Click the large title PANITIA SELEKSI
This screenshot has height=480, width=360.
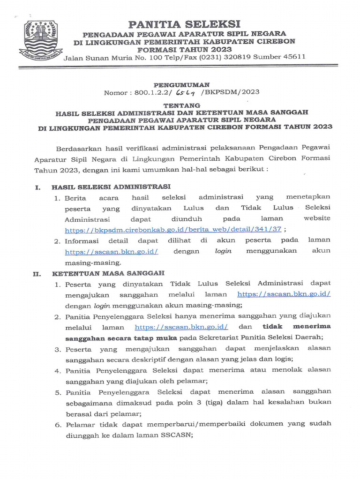click(x=184, y=24)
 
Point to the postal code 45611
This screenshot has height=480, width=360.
click(x=294, y=57)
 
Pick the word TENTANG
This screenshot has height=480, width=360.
click(x=181, y=105)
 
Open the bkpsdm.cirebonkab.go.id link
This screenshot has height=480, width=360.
click(x=173, y=230)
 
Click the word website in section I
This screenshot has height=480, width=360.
click(x=317, y=218)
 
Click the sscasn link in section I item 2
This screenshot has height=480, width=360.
click(x=111, y=251)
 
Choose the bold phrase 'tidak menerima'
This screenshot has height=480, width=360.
click(x=296, y=326)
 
